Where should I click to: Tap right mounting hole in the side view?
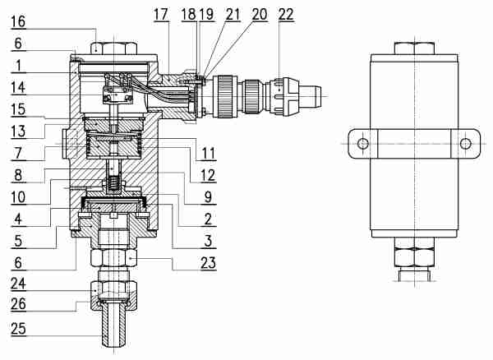click(466, 144)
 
